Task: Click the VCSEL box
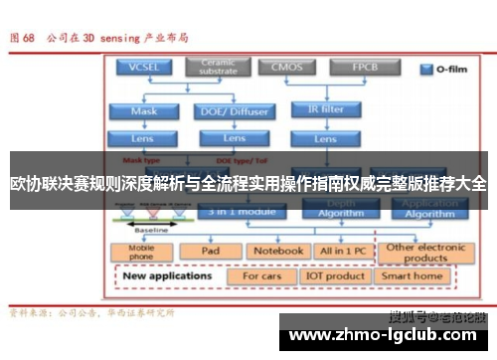click(145, 68)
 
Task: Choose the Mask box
click(145, 110)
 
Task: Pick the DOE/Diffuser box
click(233, 110)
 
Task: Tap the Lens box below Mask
click(145, 138)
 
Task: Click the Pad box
click(211, 252)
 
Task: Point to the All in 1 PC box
click(341, 252)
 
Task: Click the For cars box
click(262, 275)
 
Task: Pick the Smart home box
click(413, 275)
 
